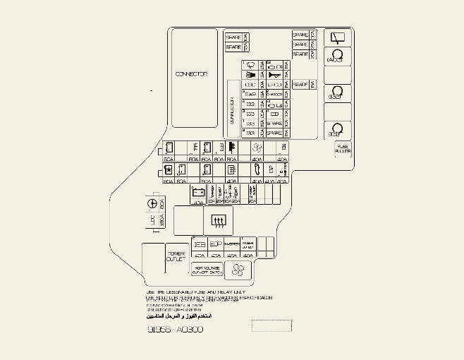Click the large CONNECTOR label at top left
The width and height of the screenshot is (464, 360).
(x=191, y=74)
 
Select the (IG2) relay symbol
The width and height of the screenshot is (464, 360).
(x=336, y=92)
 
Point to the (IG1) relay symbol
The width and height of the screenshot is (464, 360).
(x=336, y=129)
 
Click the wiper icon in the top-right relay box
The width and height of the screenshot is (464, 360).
(x=337, y=37)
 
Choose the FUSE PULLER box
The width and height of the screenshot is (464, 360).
(x=343, y=150)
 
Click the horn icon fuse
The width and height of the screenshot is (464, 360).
(x=274, y=75)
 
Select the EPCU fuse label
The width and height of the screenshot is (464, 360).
(x=275, y=85)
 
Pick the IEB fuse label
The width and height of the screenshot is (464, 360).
(x=200, y=244)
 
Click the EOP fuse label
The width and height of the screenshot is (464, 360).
(x=216, y=244)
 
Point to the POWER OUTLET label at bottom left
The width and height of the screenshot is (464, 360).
(x=176, y=256)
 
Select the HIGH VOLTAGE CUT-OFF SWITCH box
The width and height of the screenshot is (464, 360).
(x=207, y=270)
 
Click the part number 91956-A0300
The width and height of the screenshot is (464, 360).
(x=176, y=330)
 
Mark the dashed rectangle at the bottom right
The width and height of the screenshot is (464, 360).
(x=271, y=325)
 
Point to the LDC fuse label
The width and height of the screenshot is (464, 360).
(x=152, y=220)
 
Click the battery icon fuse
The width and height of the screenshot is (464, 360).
(x=198, y=192)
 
